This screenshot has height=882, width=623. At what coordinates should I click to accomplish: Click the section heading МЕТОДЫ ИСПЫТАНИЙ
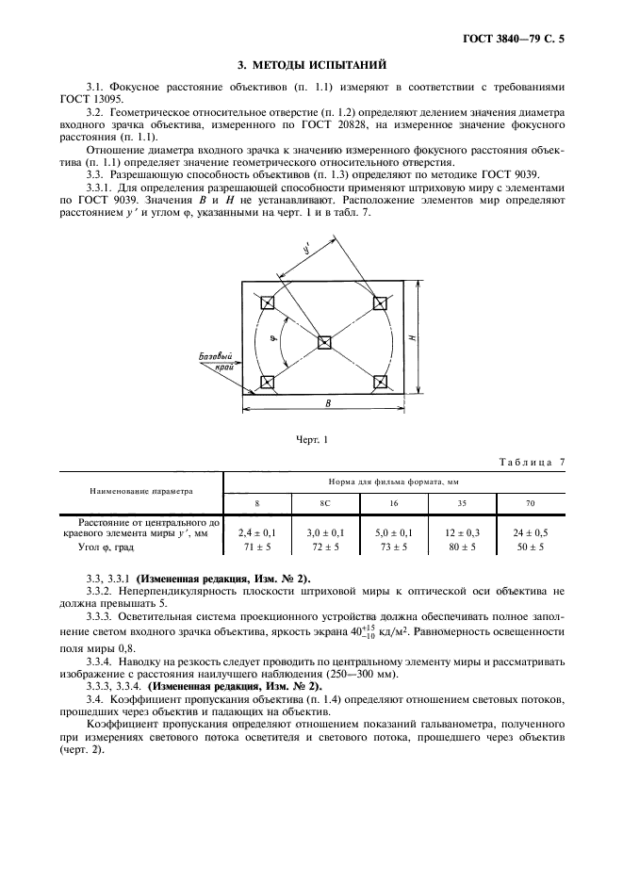point(312,65)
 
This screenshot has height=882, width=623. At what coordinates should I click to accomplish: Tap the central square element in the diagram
point(323,342)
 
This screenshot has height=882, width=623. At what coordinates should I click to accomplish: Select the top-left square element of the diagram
point(268,302)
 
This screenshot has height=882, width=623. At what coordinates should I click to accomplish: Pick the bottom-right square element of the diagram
point(380,382)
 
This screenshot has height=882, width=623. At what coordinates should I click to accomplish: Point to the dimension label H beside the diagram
point(416,337)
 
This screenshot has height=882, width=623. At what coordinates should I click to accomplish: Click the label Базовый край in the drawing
point(216,363)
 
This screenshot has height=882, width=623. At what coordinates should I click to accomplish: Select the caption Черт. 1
point(312,439)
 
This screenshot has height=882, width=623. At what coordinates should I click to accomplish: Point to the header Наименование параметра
point(141,490)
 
